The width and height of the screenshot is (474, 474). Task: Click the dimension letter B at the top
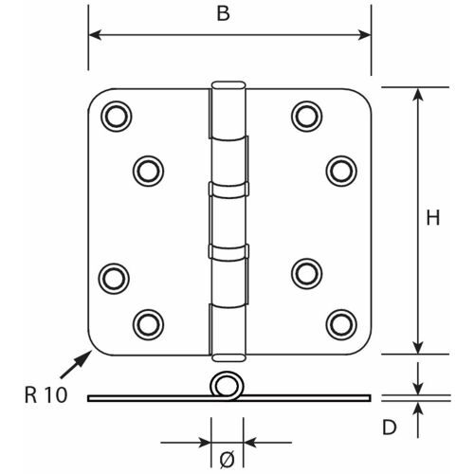coord(224,13)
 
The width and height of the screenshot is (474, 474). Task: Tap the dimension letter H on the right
coord(433,218)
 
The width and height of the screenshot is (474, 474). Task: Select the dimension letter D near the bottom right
coord(390,427)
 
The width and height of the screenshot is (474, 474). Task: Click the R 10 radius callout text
coord(46,395)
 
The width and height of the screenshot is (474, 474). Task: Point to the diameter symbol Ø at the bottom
coord(228,460)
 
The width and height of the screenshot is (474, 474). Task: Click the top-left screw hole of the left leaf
coord(117,117)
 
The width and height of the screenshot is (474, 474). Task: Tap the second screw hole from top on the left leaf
coord(148,171)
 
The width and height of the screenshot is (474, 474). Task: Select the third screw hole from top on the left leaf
coord(114,279)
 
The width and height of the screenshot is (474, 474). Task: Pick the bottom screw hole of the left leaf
coord(148,324)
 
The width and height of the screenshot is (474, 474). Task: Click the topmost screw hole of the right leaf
coord(307,117)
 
